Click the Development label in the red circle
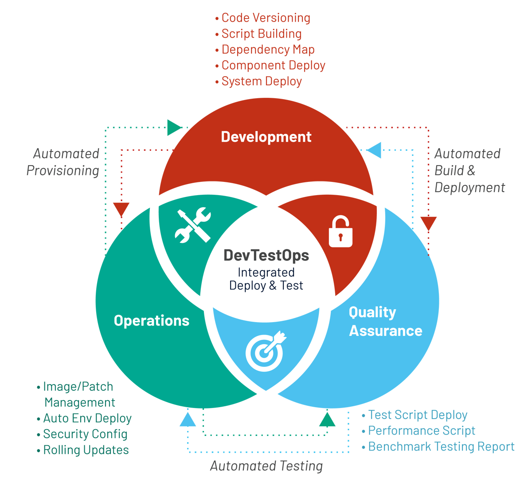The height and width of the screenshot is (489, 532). click(266, 137)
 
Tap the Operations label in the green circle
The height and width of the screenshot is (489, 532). click(152, 320)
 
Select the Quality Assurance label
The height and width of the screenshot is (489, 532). click(385, 321)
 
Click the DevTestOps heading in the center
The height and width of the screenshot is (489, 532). click(266, 255)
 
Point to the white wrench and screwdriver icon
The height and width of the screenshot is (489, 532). click(192, 225)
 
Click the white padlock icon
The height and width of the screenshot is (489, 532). click(340, 231)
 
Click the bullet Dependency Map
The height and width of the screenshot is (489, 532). click(268, 50)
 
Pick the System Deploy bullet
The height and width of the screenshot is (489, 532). click(261, 81)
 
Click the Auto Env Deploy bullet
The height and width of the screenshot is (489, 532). click(87, 418)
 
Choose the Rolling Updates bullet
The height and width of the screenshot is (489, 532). click(86, 450)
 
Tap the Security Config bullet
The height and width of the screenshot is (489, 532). click(85, 434)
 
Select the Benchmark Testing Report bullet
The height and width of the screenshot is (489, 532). click(441, 447)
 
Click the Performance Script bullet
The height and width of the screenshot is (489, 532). click(421, 431)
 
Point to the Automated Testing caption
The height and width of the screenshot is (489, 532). click(266, 466)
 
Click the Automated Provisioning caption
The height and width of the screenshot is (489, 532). click(63, 162)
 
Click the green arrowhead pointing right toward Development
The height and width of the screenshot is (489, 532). click(174, 127)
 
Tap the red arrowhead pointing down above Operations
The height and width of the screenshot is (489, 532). click(121, 209)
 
